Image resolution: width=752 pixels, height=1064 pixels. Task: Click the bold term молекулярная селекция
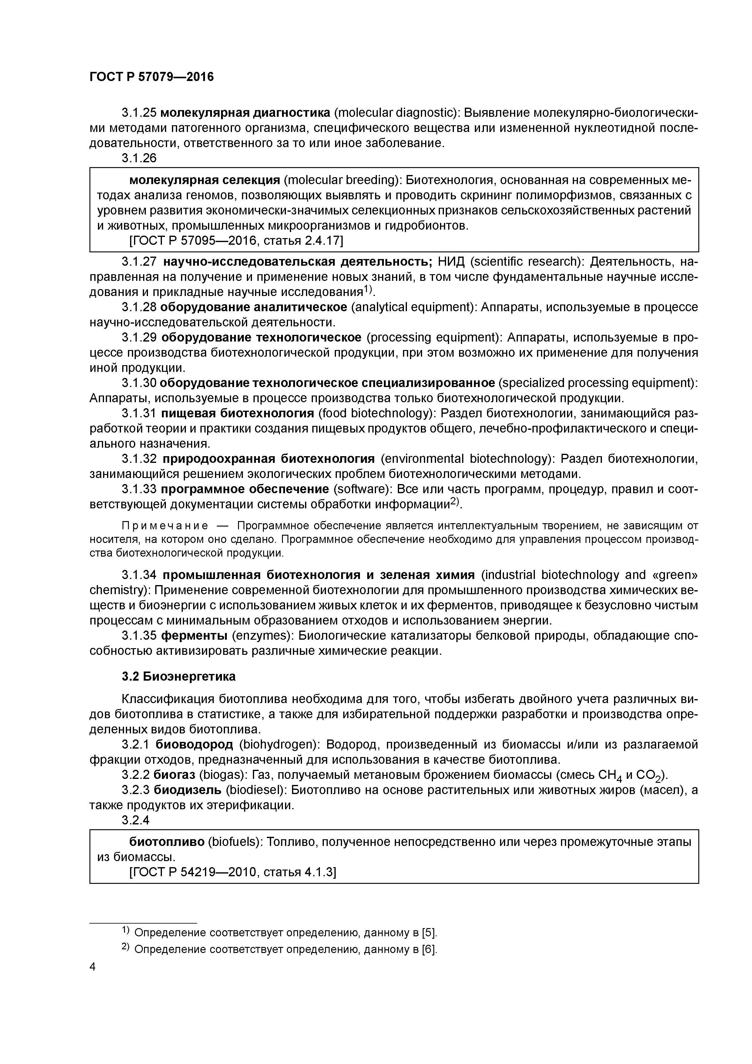click(204, 180)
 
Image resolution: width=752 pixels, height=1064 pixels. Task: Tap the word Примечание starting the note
click(164, 526)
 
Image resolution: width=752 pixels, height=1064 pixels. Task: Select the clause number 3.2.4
click(136, 820)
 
